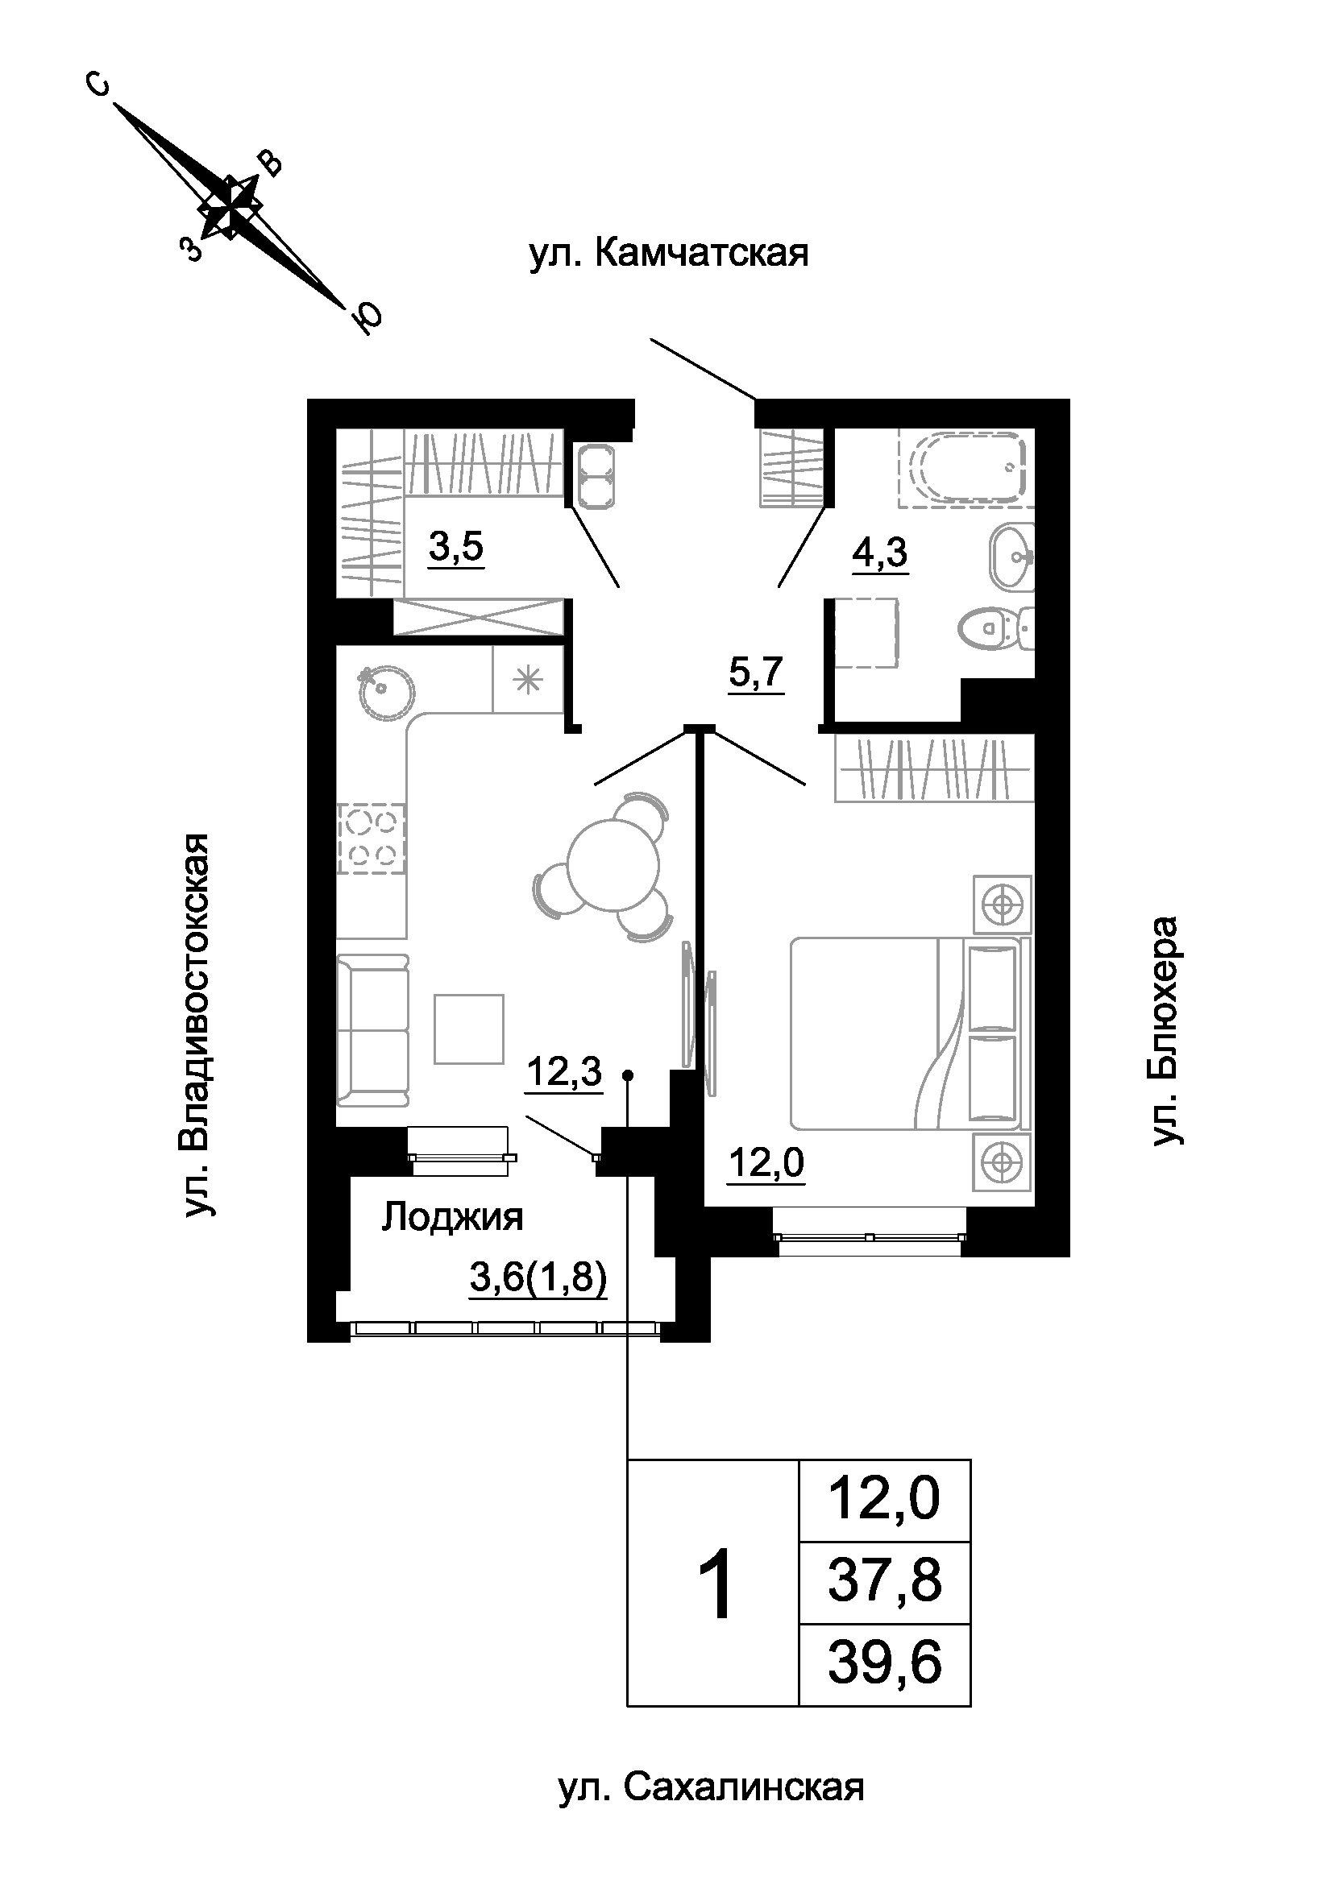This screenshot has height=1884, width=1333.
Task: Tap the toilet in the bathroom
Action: pos(995,628)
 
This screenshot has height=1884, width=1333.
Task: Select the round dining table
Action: pos(615,866)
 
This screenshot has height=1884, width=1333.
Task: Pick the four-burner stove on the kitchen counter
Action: pos(372,838)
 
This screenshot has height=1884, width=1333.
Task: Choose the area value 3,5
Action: pos(456,546)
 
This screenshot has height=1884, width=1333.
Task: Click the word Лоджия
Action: pos(452,1218)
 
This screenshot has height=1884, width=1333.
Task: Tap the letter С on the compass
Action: pos(98,85)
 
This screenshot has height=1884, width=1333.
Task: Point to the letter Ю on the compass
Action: pos(368,317)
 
